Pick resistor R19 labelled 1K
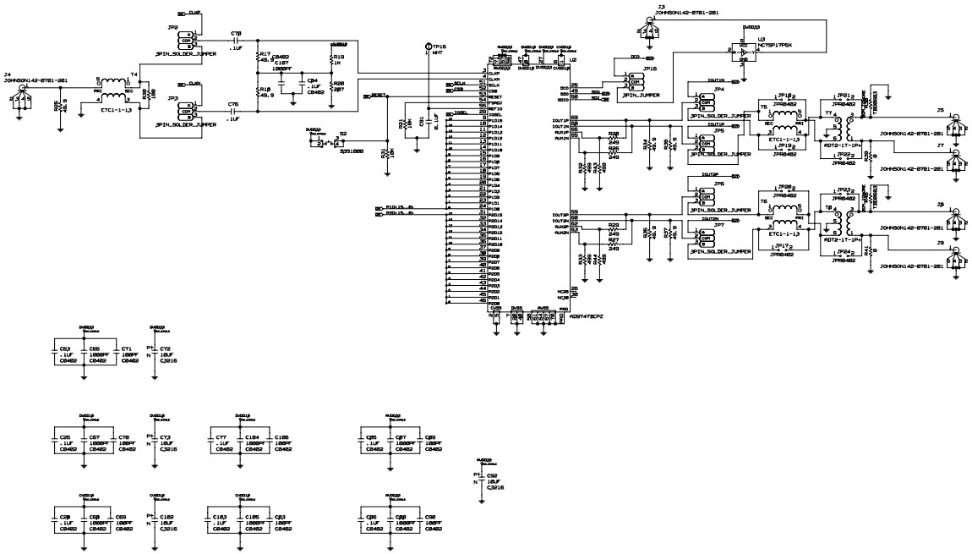pyautogui.click(x=331, y=60)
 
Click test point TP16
pyautogui.click(x=428, y=45)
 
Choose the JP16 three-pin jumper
pyautogui.click(x=634, y=84)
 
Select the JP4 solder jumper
pyautogui.click(x=704, y=103)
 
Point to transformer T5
pyautogui.click(x=784, y=118)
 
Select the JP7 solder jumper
pyautogui.click(x=704, y=239)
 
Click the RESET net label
pyautogui.click(x=379, y=96)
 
